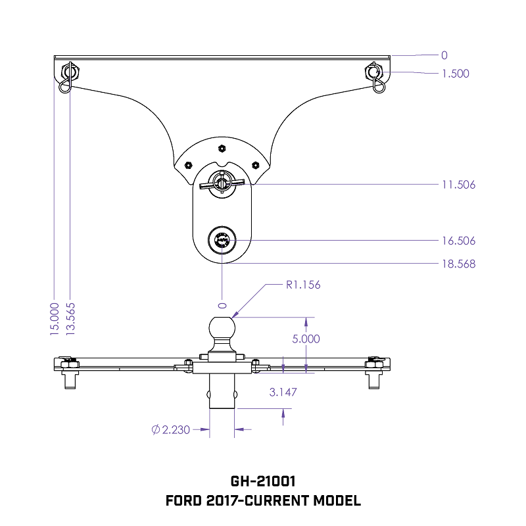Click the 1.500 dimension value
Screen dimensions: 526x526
click(456, 74)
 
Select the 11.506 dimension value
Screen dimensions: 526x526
click(458, 185)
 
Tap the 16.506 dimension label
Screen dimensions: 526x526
click(458, 241)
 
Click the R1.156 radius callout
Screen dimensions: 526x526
click(302, 285)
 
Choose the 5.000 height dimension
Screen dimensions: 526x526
click(306, 339)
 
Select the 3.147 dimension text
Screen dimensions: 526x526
click(283, 392)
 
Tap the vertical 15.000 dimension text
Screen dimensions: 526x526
click(55, 320)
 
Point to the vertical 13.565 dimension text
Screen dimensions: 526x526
click(70, 320)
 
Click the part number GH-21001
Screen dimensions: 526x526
click(263, 482)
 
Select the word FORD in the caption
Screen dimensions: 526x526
click(184, 501)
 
